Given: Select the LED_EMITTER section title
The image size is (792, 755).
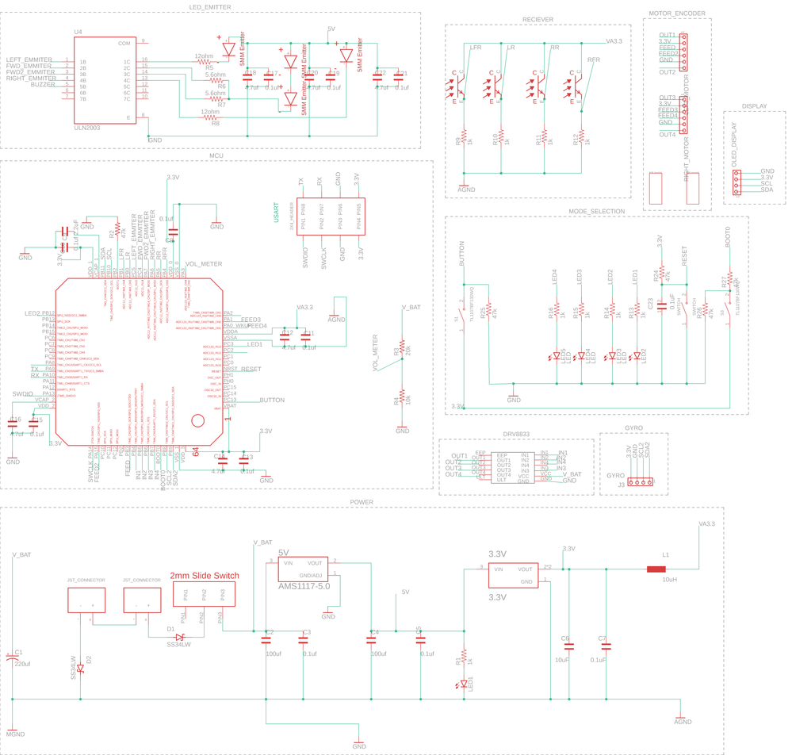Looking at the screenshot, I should pyautogui.click(x=210, y=6).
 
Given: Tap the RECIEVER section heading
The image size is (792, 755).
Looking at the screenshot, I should pyautogui.click(x=538, y=19).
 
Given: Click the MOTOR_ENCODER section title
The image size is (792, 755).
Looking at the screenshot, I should pyautogui.click(x=676, y=13).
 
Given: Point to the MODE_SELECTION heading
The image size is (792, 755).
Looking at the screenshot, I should pyautogui.click(x=596, y=211).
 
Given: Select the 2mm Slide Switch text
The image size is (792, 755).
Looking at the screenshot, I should pyautogui.click(x=205, y=576).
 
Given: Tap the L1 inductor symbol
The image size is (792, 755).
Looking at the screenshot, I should pyautogui.click(x=656, y=569).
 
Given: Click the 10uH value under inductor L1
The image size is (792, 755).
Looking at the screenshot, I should pyautogui.click(x=669, y=580).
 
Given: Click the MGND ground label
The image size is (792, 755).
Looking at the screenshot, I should pyautogui.click(x=15, y=734).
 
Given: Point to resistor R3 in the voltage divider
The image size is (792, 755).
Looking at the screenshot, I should pyautogui.click(x=402, y=347).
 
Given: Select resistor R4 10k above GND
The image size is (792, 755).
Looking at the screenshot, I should pyautogui.click(x=402, y=396).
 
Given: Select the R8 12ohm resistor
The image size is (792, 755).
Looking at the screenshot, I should pyautogui.click(x=210, y=117).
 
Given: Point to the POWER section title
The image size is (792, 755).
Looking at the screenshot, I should pyautogui.click(x=362, y=502).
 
